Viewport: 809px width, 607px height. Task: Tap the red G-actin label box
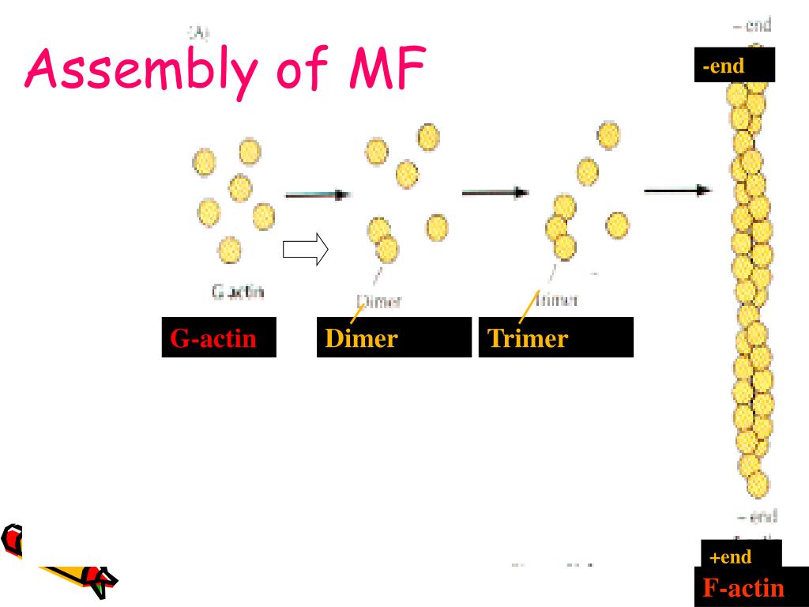point(213,338)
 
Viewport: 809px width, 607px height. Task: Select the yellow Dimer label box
point(362,338)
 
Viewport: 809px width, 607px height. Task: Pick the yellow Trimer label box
point(528,338)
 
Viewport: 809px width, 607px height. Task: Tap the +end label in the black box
point(731,556)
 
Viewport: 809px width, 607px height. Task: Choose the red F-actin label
point(743,587)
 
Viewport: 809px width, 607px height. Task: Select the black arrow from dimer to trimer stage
point(495,192)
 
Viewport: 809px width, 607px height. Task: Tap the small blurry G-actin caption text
point(238,292)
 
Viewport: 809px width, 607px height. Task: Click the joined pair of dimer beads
point(383,239)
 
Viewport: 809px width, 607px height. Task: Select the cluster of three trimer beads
point(562,228)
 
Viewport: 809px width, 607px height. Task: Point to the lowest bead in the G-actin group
point(229,250)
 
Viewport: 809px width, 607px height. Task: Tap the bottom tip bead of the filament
point(758,483)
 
